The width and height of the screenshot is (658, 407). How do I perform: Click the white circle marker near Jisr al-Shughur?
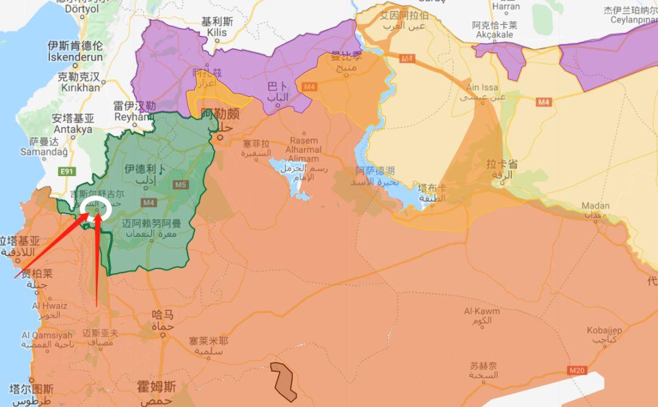pyautogui.click(x=96, y=208)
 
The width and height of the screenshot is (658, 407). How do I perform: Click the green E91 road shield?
pyautogui.click(x=67, y=172)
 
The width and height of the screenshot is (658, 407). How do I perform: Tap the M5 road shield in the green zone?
pyautogui.click(x=180, y=185)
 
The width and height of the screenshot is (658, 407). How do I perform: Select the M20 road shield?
pyautogui.click(x=576, y=370)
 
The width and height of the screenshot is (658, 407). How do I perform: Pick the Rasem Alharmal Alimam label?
pyautogui.click(x=305, y=150)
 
